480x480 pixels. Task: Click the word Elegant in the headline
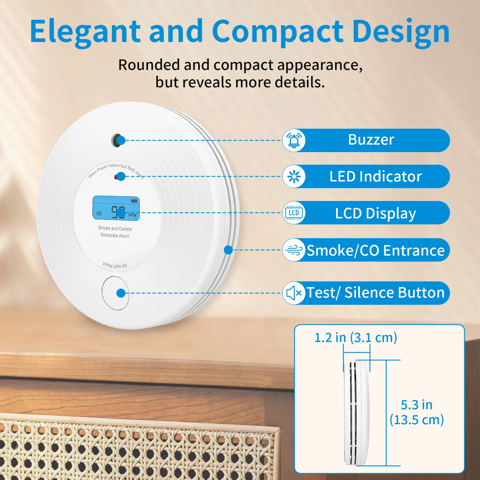(85, 31)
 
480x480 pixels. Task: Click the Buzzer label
(371, 140)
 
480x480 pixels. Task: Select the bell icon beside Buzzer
(294, 140)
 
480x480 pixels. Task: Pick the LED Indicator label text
(376, 176)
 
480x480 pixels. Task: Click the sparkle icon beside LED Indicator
(294, 176)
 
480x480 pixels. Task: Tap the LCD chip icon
(294, 213)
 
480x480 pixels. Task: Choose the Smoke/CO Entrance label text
(376, 250)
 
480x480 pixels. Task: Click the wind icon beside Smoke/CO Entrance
(294, 250)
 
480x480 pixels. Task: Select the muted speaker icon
(294, 293)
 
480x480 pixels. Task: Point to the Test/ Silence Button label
(376, 293)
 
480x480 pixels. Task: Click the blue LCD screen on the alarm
(116, 208)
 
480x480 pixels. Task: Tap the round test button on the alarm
(115, 293)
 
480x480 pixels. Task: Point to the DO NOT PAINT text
(115, 265)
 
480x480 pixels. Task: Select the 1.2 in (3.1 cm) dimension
(355, 338)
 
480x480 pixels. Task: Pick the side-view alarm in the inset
(357, 412)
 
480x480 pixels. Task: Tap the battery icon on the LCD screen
(134, 201)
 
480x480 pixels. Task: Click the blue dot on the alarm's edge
(228, 250)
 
